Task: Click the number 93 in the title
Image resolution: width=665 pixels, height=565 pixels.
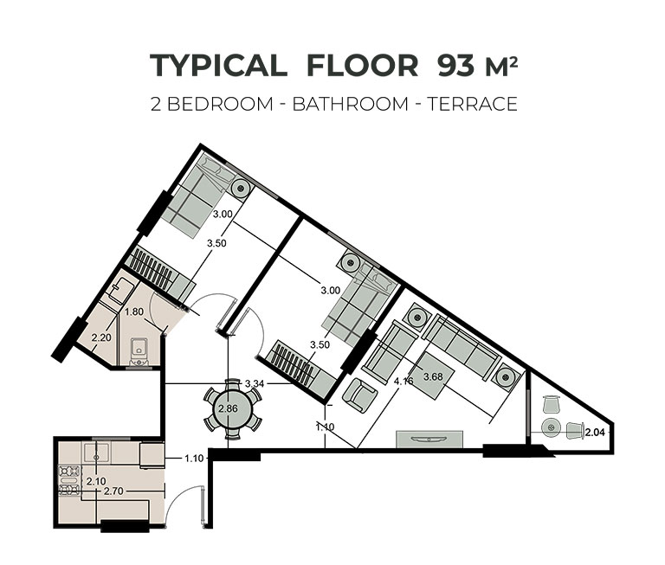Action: coord(456,66)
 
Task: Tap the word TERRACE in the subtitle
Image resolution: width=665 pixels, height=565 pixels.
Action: coord(473,104)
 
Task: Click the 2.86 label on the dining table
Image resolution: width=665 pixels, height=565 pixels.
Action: coord(229,409)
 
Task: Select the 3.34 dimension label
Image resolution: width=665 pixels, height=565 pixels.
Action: coord(255,383)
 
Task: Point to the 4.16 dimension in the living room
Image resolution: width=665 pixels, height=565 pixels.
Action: coord(404,381)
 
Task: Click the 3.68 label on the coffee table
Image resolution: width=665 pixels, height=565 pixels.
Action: coord(433,376)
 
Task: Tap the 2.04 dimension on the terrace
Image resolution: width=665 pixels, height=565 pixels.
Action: coord(595,433)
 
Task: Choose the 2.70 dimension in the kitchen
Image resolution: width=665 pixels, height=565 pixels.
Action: coord(113,491)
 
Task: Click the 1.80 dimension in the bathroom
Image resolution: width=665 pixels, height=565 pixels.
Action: coord(134,312)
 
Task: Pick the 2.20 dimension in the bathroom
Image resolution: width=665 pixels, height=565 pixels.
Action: coord(101,337)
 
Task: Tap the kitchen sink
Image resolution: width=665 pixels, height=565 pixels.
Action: coord(97,453)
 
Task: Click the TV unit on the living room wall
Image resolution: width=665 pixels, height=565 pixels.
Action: coord(429,440)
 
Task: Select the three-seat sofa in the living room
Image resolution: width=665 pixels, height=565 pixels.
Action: coord(460,345)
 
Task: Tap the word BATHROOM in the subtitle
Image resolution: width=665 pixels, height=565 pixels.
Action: coord(351,104)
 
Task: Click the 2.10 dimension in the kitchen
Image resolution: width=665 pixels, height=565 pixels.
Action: coord(96,481)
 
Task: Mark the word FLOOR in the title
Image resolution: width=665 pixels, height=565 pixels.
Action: coord(362,66)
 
